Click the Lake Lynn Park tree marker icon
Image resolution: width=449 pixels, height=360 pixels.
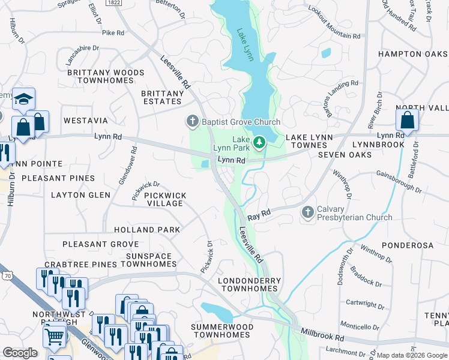tap(259, 142)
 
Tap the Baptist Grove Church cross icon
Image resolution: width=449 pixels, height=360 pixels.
tap(192, 122)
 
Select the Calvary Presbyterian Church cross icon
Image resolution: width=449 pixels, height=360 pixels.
tap(307, 212)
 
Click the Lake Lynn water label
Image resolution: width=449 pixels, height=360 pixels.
tap(245, 44)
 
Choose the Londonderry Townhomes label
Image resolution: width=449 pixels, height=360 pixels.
tap(249, 284)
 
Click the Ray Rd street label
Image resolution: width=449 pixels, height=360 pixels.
tap(260, 213)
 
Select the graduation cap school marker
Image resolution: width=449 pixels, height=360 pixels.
tap(23, 98)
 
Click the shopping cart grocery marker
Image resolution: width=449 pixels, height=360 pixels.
tap(55, 337)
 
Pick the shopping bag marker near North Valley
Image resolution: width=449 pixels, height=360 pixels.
tap(407, 119)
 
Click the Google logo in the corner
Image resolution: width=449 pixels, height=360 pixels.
tap(20, 353)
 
